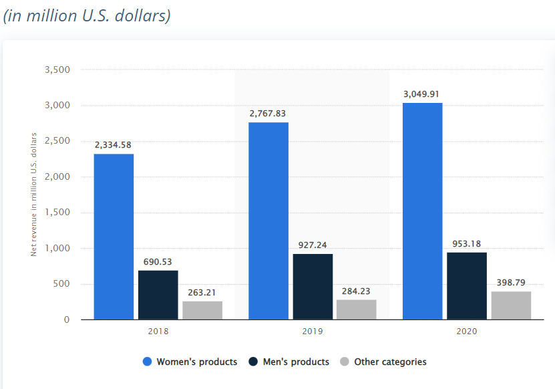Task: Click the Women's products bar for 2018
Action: click(x=114, y=237)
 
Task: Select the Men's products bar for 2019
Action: click(x=313, y=287)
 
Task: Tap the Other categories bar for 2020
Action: click(x=511, y=305)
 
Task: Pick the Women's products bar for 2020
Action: click(x=422, y=211)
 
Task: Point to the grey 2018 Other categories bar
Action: click(x=202, y=310)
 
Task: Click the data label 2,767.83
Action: click(x=268, y=114)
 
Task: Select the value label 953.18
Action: click(x=466, y=243)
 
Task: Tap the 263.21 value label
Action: click(x=202, y=292)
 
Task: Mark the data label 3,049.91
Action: click(x=421, y=94)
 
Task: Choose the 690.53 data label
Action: click(x=158, y=261)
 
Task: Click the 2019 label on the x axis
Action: click(x=313, y=331)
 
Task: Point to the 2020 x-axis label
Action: click(x=467, y=331)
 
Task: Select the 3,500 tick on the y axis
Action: click(x=57, y=70)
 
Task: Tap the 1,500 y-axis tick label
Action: click(x=57, y=213)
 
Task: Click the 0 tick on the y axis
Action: click(x=66, y=320)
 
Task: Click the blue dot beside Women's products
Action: click(x=148, y=362)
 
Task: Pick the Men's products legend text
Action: click(x=295, y=362)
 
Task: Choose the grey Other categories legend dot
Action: click(x=345, y=362)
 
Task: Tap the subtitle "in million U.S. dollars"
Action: click(x=87, y=15)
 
